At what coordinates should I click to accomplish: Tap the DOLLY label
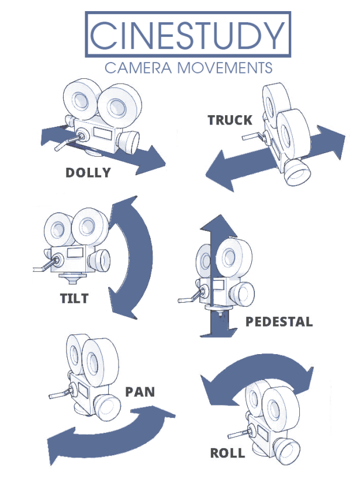click(88, 173)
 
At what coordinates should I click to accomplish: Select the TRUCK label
click(230, 120)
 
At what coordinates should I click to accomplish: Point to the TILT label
click(74, 299)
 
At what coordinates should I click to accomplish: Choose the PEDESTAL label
click(279, 322)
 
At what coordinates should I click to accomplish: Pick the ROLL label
click(227, 453)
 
